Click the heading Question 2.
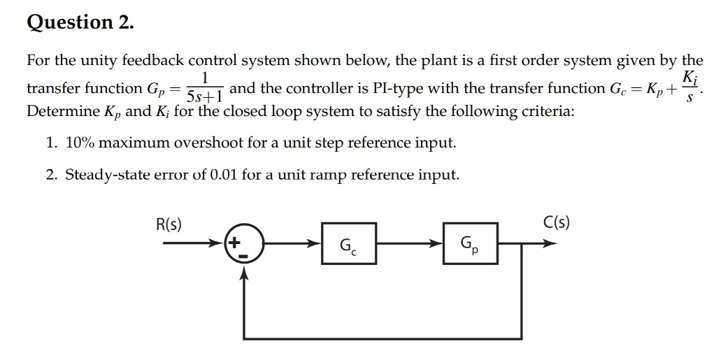pos(79,22)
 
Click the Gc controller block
pos(349,244)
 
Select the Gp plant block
pos(471,244)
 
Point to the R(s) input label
pos(168,224)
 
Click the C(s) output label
pos(557,224)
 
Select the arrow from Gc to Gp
pos(410,244)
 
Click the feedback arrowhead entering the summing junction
pos(244,275)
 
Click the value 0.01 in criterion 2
pos(224,175)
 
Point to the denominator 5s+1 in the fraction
pos(204,95)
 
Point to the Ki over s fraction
pos(689,87)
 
